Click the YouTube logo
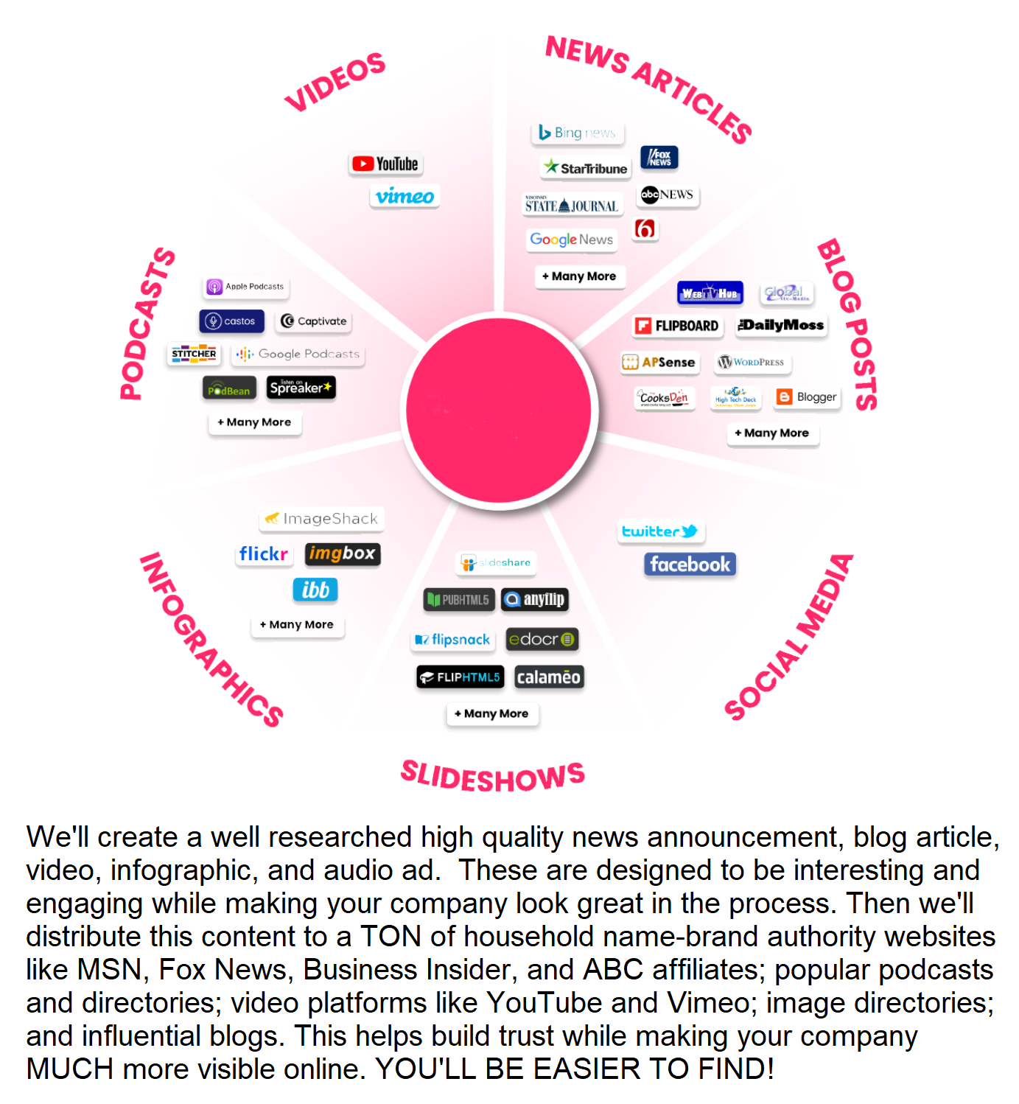coord(385,164)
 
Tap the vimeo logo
coord(405,196)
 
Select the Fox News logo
coord(659,158)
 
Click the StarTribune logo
coord(586,167)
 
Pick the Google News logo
coord(572,240)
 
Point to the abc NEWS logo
coord(668,195)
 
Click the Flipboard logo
coord(677,326)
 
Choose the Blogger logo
coord(808,397)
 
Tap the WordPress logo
coord(752,362)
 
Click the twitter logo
coord(660,531)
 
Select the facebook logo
coord(690,565)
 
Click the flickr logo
coord(263,553)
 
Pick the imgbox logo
coord(343,553)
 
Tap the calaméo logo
coord(549,677)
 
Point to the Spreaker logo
coord(301,388)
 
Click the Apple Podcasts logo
coord(246,287)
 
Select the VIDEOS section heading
coord(335,81)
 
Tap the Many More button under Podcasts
coord(255,422)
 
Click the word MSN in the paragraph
coord(109,970)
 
